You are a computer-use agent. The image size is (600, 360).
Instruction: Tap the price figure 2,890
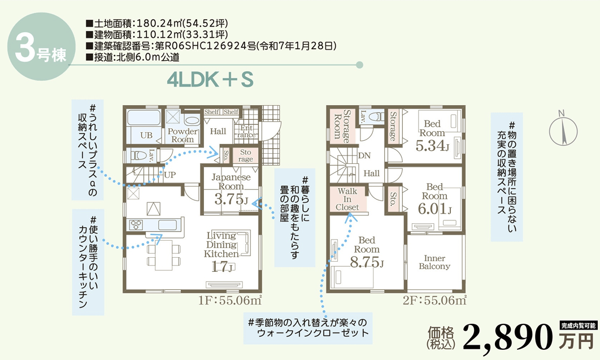[x=508, y=337]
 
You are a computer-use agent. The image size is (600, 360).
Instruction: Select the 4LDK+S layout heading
[x=210, y=80]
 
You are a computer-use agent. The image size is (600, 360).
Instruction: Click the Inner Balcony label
[x=434, y=262]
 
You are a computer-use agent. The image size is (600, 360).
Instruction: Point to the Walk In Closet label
[x=347, y=199]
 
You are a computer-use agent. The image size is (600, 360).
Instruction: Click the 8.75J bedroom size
[x=367, y=262]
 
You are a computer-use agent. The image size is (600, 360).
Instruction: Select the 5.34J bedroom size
[x=432, y=146]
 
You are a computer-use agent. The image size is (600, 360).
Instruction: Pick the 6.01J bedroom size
[x=434, y=209]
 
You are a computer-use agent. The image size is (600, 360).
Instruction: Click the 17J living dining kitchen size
[x=223, y=266]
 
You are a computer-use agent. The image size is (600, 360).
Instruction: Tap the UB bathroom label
[x=146, y=135]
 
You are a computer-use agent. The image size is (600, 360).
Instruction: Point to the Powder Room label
[x=182, y=136]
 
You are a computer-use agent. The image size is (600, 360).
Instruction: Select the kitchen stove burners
[x=136, y=224]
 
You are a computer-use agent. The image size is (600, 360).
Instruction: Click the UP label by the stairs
[x=169, y=175]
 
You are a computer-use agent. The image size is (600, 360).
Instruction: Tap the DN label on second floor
[x=364, y=156]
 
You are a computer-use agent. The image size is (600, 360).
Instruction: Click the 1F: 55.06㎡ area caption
[x=229, y=300]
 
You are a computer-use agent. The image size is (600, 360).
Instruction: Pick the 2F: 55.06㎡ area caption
[x=434, y=300]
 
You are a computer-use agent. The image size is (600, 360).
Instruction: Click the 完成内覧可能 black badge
[x=579, y=326]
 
